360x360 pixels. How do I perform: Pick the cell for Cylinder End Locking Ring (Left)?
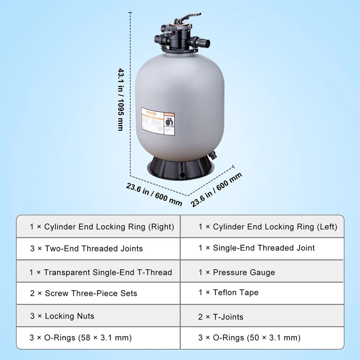coord(267,227)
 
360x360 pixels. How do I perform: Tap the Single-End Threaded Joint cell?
coord(267,248)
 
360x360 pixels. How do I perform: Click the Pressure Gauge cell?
coord(267,272)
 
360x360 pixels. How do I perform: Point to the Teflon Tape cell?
coord(267,293)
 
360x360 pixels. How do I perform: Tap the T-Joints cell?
coord(267,317)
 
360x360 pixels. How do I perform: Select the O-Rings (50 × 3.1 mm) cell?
coord(267,337)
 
